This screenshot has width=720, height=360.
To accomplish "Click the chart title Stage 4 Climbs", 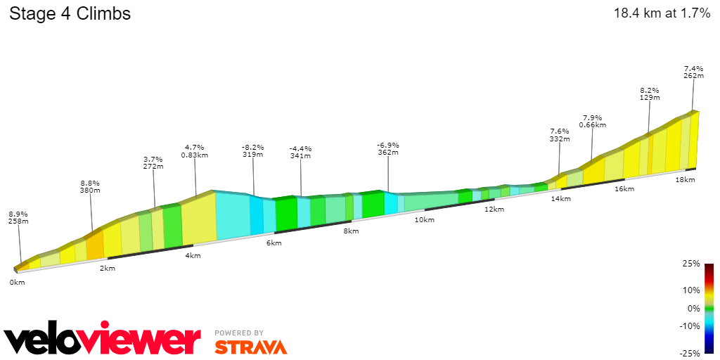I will [70, 13].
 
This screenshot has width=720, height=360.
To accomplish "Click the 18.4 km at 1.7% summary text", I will [662, 13].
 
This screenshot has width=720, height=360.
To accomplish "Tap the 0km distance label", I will [17, 282].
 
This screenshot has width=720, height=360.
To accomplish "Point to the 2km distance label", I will [108, 269].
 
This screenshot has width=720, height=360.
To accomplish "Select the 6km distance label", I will [274, 243].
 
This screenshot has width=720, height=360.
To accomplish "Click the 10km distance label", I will [424, 220].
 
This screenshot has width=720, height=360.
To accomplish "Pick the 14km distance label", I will [560, 199].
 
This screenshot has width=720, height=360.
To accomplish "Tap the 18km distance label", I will [685, 180].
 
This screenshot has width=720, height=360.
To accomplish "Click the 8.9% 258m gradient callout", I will [18, 217].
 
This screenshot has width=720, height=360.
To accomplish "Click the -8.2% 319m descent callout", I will [252, 150].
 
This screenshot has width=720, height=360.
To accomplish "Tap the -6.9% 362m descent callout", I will [388, 148].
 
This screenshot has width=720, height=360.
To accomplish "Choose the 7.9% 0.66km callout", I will [592, 121].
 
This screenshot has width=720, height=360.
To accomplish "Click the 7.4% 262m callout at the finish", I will [693, 72].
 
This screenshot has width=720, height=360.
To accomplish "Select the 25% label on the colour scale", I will [691, 264].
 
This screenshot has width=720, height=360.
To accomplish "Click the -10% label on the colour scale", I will [690, 326].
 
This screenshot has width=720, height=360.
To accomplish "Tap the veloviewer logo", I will [103, 340].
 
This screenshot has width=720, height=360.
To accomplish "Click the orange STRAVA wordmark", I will [250, 347].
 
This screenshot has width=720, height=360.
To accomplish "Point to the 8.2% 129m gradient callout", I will [649, 94].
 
